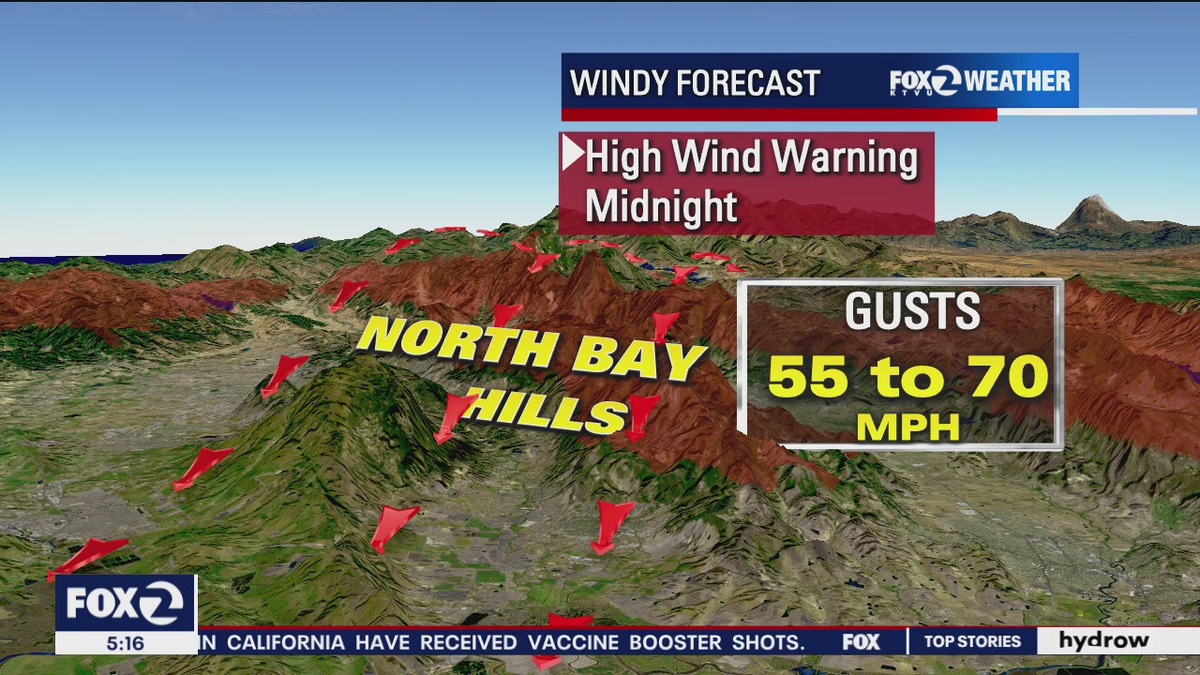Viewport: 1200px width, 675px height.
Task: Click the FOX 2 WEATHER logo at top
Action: tap(980, 82)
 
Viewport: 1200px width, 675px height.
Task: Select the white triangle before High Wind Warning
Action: tap(572, 153)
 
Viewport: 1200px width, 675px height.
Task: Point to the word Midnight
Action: tap(661, 206)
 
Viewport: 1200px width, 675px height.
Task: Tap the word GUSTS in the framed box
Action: tap(911, 312)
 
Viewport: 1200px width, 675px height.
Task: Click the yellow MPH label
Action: tap(908, 427)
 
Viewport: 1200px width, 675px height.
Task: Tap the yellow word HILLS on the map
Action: tap(546, 409)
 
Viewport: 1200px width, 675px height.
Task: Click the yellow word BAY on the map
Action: tap(638, 360)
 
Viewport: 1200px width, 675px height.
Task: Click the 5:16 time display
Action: tap(125, 643)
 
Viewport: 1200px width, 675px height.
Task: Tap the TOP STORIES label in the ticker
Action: tap(972, 641)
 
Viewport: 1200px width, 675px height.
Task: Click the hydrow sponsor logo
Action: tap(1103, 640)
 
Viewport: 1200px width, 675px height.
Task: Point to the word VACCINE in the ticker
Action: tap(574, 642)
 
